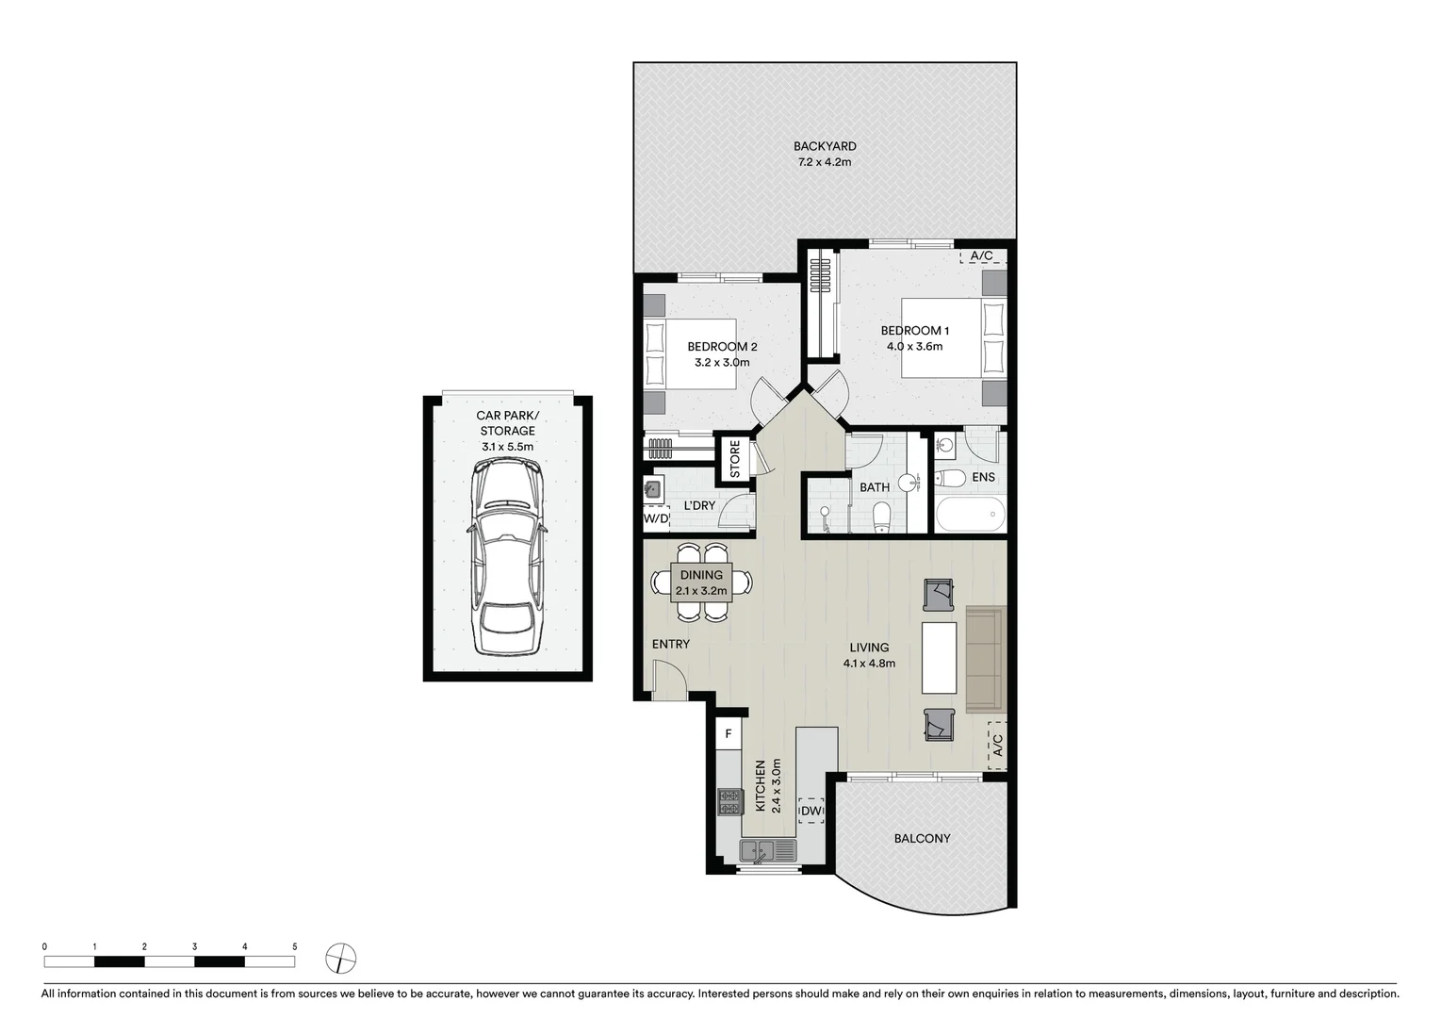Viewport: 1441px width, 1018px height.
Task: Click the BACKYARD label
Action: click(x=824, y=146)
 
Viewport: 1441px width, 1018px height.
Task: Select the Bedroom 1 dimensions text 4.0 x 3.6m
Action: click(x=914, y=347)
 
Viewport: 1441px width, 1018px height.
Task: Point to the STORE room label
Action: click(x=735, y=459)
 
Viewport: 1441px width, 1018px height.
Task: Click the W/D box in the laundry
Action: click(x=656, y=518)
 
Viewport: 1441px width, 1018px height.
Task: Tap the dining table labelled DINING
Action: click(x=701, y=583)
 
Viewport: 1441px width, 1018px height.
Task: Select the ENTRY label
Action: click(x=670, y=645)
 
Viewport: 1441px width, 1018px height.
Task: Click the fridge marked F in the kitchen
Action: click(x=728, y=733)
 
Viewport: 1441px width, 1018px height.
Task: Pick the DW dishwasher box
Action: click(x=811, y=811)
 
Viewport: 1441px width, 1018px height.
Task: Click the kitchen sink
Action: click(x=768, y=851)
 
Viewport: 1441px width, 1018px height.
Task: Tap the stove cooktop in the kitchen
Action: click(x=729, y=801)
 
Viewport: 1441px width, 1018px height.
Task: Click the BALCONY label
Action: click(x=922, y=838)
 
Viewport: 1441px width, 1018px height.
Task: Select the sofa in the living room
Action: click(x=986, y=660)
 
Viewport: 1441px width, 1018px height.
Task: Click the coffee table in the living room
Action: click(x=939, y=657)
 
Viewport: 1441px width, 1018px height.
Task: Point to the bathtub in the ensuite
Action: click(x=970, y=516)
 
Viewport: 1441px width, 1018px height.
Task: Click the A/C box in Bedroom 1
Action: click(x=982, y=255)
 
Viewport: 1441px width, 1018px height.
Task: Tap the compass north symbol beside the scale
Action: click(x=340, y=960)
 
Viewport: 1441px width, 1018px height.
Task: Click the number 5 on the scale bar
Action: click(x=295, y=946)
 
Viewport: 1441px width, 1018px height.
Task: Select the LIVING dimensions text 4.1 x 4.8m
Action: click(x=869, y=663)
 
